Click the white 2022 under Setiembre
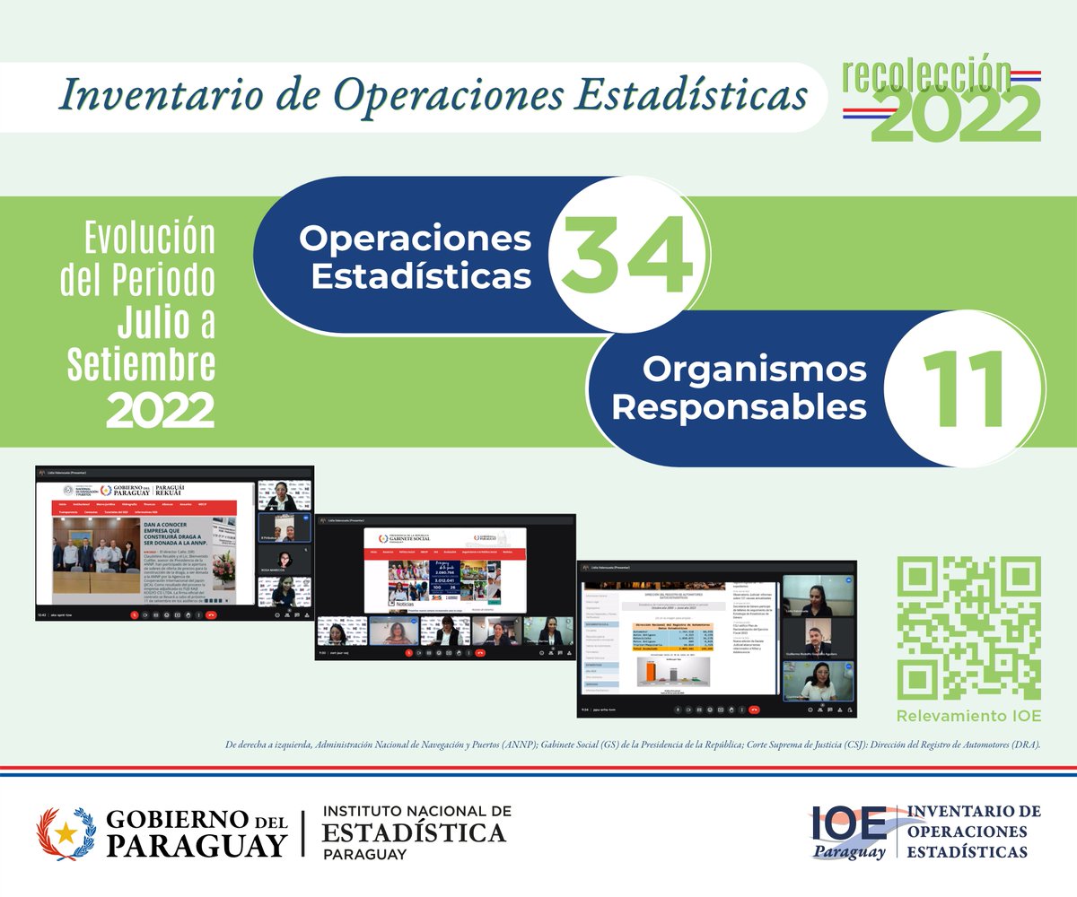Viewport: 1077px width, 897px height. click(x=161, y=411)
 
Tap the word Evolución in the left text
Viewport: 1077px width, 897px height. click(x=150, y=238)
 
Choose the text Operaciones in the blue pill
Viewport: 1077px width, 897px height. click(x=415, y=239)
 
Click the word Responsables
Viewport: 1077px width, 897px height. click(x=739, y=407)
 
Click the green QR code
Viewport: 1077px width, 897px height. click(x=968, y=628)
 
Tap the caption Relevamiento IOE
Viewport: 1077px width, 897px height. click(x=968, y=716)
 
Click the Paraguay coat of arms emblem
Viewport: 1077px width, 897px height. click(x=65, y=832)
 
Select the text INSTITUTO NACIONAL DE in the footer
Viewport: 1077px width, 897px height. click(x=417, y=811)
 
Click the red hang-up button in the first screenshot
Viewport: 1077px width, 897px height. click(x=211, y=615)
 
